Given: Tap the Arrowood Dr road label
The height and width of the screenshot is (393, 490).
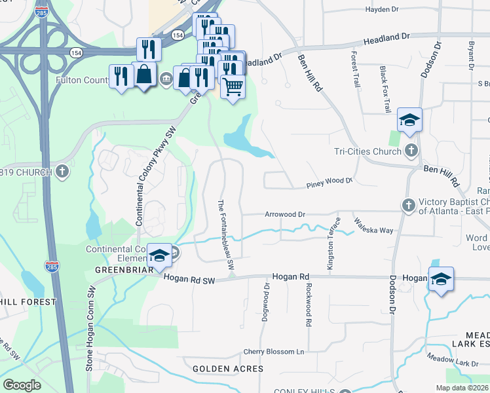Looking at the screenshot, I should click(x=285, y=214).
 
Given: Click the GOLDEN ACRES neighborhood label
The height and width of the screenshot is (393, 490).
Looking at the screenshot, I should click(x=228, y=369).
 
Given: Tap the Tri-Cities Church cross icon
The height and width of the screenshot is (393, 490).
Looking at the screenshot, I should click(x=411, y=151).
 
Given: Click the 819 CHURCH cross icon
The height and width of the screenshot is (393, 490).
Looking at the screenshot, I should click(x=62, y=172).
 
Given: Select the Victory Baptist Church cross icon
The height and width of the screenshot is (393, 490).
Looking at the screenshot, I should click(x=407, y=206).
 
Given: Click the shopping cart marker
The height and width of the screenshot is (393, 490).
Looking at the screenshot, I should click(x=233, y=86).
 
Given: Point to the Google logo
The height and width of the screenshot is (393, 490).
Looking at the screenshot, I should click(x=22, y=385).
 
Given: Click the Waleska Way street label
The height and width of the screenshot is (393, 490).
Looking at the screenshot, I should click(x=374, y=226).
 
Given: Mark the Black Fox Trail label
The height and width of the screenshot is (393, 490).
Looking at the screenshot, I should click(x=386, y=89).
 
